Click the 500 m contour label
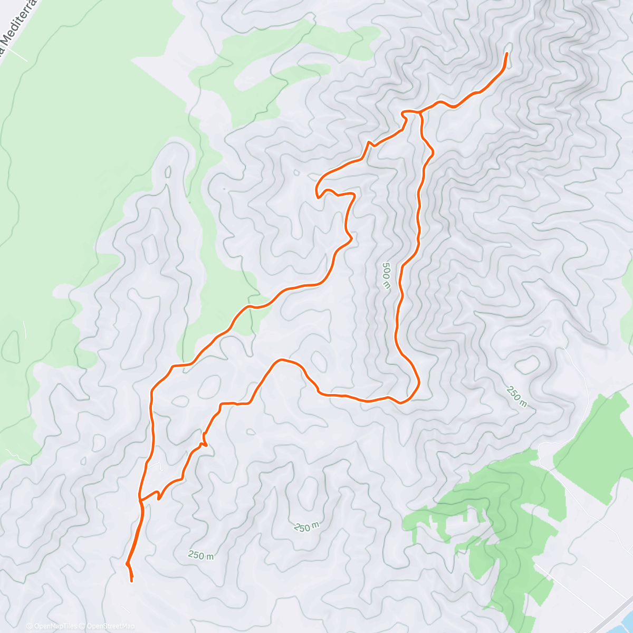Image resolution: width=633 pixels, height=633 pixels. (x=386, y=275)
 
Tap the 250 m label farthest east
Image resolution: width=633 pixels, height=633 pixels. (x=516, y=397)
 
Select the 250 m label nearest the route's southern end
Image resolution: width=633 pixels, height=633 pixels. (x=201, y=555)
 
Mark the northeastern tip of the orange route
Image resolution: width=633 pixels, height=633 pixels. (x=507, y=53)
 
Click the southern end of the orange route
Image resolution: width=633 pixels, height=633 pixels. (x=131, y=581)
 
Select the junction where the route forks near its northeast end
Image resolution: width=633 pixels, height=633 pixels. (x=420, y=112)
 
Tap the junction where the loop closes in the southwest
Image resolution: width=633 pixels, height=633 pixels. (x=140, y=499)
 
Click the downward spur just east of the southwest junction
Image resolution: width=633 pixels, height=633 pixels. (x=158, y=497)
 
